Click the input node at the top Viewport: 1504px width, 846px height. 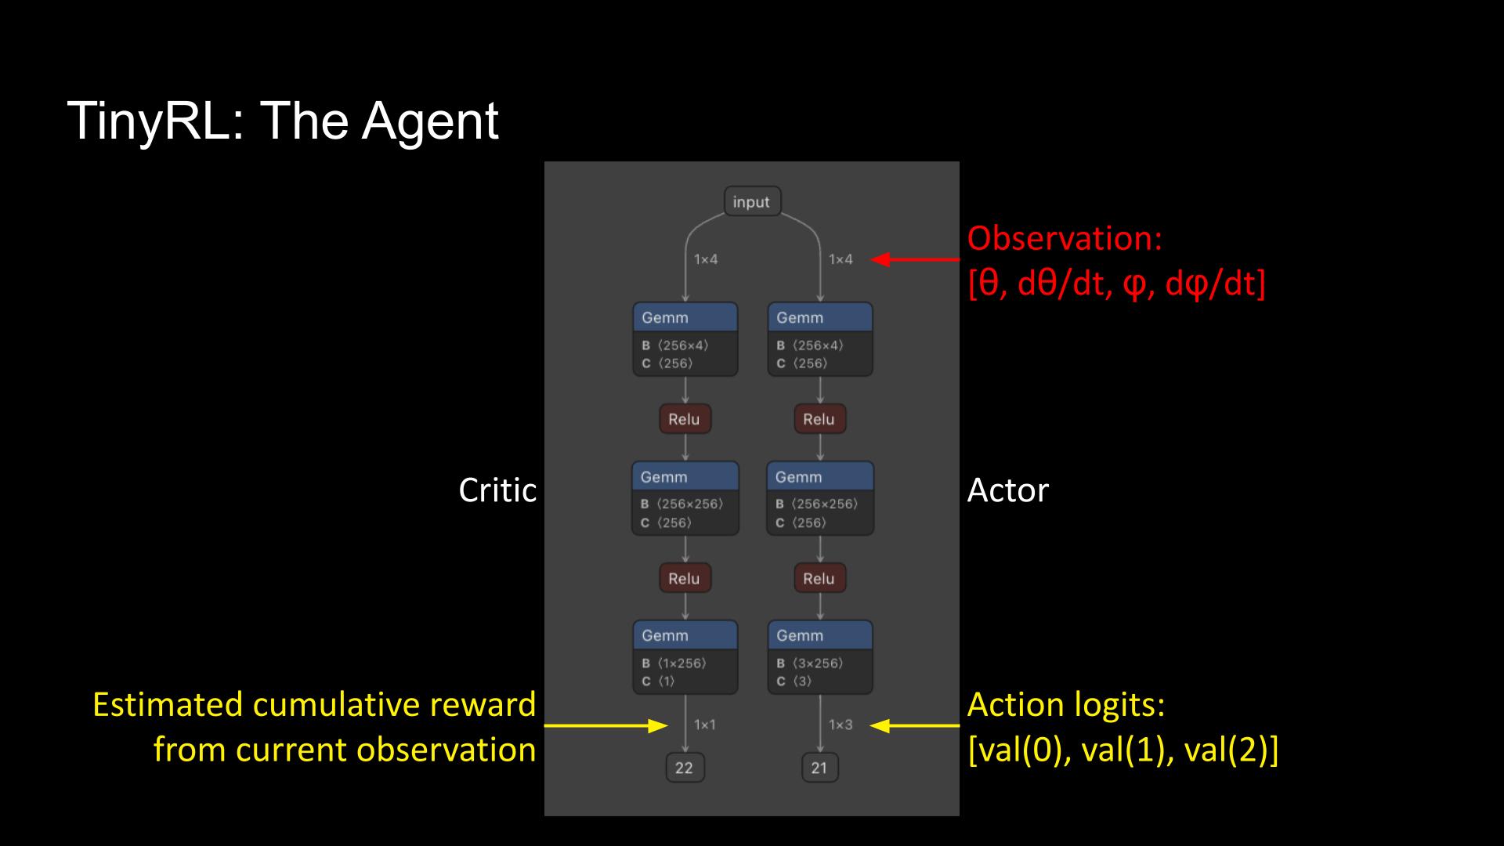[x=752, y=202]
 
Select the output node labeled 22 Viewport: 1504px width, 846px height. [x=685, y=768]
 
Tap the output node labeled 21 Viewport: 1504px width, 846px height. [x=819, y=768]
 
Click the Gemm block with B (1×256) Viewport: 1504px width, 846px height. [x=685, y=656]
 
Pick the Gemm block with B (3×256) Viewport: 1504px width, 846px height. [x=820, y=656]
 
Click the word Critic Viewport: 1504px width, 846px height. [x=497, y=490]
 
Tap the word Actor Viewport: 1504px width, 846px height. [x=1007, y=490]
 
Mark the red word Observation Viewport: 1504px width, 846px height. [x=1065, y=238]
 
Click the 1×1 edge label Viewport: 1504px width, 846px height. [x=705, y=725]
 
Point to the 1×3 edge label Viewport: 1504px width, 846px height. [x=840, y=725]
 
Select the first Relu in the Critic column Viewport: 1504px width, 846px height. [x=685, y=419]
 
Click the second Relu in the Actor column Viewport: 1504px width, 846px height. [x=819, y=579]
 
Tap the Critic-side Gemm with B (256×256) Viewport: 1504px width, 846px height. [x=685, y=497]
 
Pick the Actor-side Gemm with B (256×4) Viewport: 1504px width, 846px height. [x=820, y=338]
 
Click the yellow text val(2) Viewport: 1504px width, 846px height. [x=1231, y=750]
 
